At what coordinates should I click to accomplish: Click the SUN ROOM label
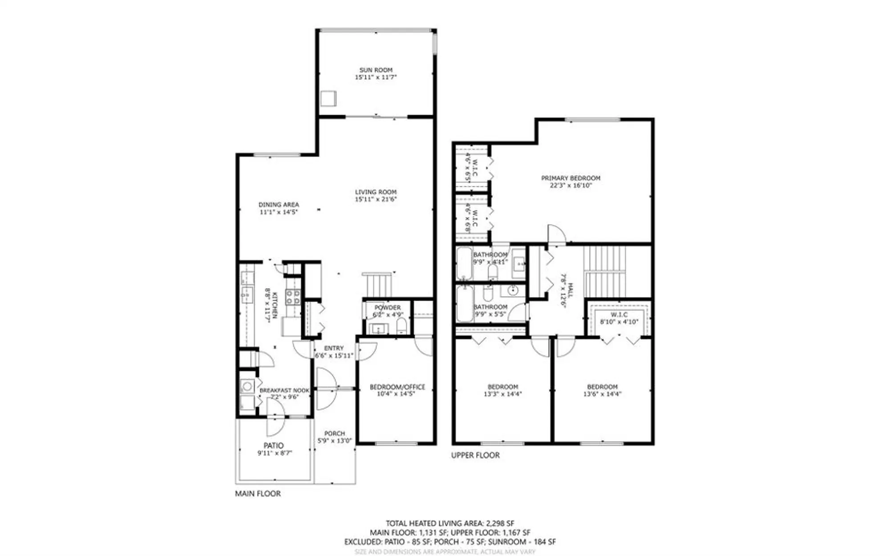(376, 70)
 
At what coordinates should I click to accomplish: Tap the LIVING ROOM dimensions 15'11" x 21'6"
(376, 199)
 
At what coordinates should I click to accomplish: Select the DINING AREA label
(279, 205)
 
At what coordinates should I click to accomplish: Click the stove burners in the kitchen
(292, 297)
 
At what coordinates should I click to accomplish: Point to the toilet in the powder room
(401, 325)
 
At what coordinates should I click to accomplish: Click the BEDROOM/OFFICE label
(397, 387)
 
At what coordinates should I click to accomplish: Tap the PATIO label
(273, 445)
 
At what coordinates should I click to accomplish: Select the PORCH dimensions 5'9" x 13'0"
(334, 441)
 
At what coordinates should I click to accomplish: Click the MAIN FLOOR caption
(258, 493)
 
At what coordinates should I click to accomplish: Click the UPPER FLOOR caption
(475, 455)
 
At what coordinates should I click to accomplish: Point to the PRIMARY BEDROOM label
(570, 178)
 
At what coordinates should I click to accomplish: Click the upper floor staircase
(604, 271)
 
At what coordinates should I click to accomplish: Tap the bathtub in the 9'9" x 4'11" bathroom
(464, 263)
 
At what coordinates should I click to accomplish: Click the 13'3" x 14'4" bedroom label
(503, 387)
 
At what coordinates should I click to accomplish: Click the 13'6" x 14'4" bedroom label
(602, 387)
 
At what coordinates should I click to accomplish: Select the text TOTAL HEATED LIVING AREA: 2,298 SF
(449, 524)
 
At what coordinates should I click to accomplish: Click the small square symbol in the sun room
(328, 98)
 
